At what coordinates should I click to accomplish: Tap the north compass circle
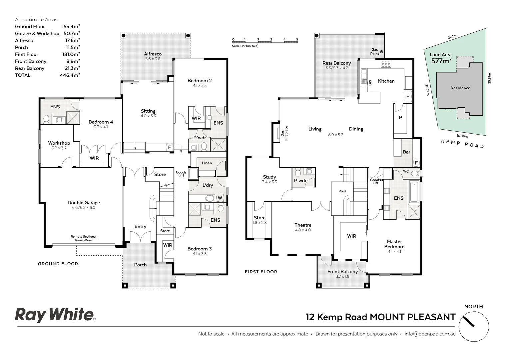pos(473,327)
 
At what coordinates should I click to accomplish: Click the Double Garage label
pos(84,203)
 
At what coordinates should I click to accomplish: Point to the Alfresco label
pos(153,54)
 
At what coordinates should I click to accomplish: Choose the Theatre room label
pos(303,225)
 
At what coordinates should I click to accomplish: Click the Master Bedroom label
pos(394,244)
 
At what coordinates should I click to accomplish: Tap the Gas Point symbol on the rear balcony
pos(381,52)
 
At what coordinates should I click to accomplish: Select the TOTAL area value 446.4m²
pos(71,75)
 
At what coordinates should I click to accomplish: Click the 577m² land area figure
pos(441,61)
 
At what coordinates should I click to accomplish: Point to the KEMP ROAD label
pos(462,144)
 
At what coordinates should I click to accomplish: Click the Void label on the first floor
pos(342,191)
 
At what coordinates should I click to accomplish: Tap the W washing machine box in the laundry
pos(220,198)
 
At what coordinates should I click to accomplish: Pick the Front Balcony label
pos(342,272)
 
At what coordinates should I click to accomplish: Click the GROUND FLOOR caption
pos(58,264)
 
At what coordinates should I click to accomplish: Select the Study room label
pos(269,177)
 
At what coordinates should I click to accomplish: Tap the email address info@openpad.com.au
pos(430,334)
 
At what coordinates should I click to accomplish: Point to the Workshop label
pos(59,143)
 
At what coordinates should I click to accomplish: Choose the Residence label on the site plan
pos(460,88)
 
